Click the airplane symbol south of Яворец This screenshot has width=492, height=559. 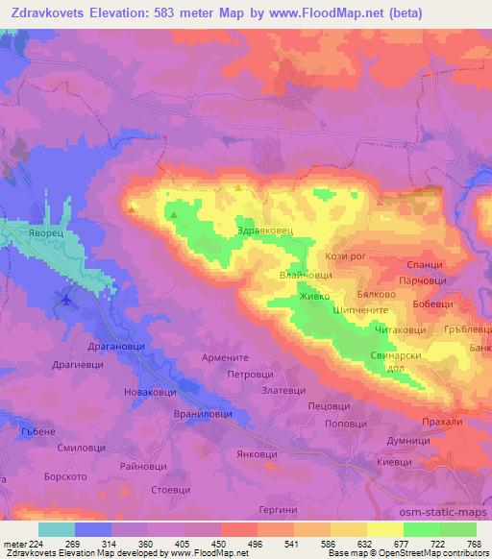[x=64, y=300]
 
